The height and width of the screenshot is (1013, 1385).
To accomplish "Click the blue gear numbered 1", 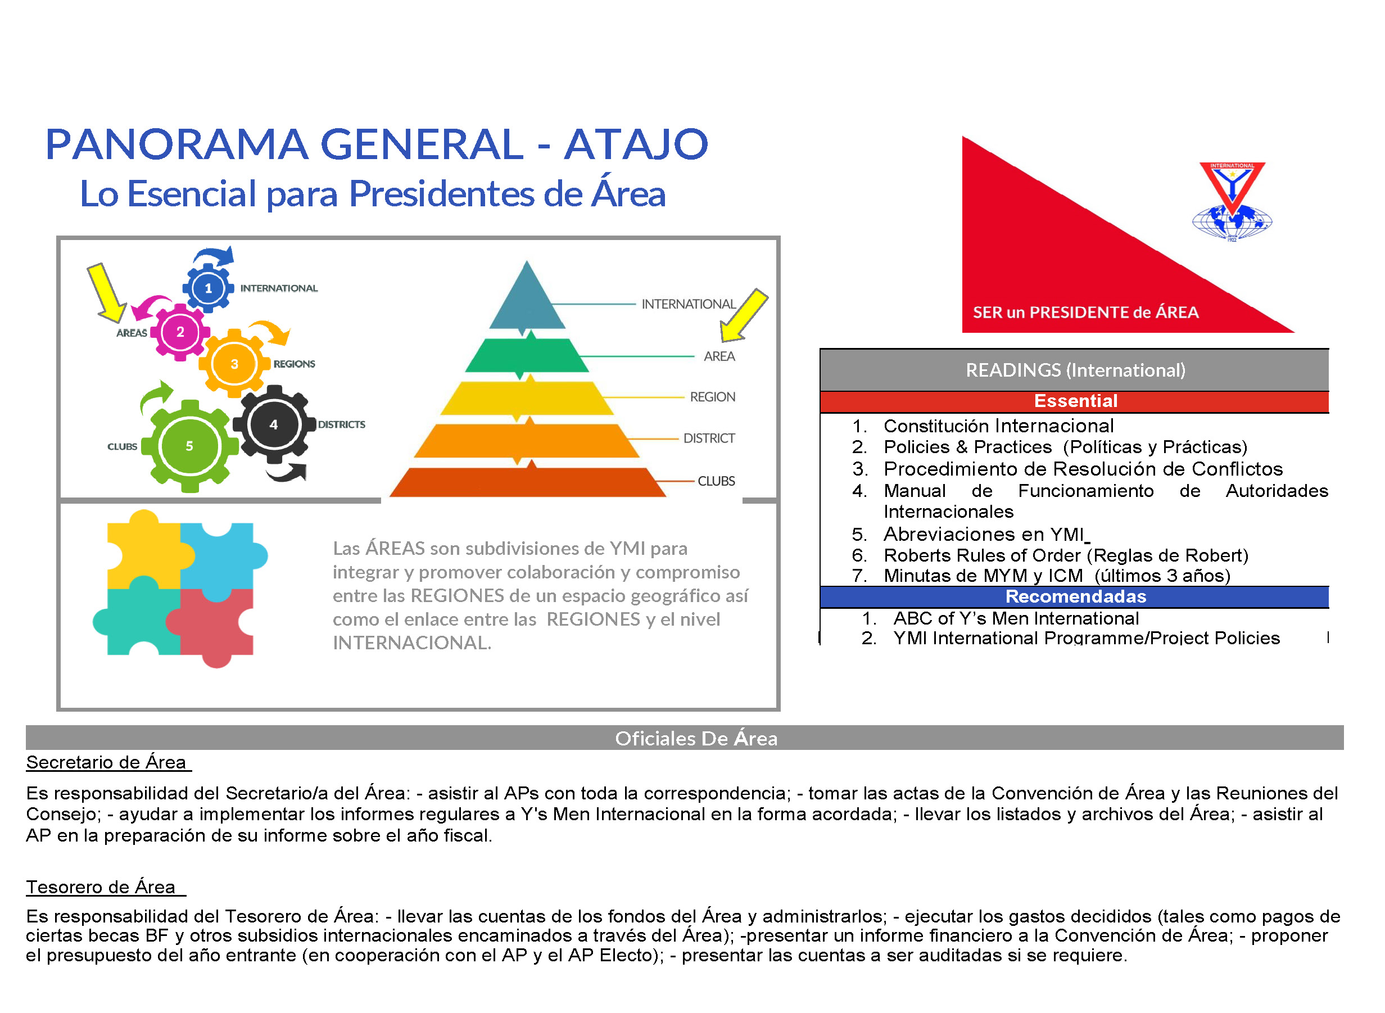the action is pos(209,288).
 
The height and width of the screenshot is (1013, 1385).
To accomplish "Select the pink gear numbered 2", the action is pos(180,332).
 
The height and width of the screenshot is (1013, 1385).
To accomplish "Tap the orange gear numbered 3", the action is pos(234,364).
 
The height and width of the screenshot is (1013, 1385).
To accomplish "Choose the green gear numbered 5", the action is pos(189,446).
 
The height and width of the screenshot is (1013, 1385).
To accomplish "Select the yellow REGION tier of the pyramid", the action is pos(527,397).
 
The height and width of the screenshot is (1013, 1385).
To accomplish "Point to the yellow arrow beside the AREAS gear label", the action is pos(107,293).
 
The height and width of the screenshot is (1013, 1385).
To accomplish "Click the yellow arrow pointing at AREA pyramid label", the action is pos(743,315).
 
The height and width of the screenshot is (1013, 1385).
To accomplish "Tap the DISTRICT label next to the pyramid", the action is pos(709,438).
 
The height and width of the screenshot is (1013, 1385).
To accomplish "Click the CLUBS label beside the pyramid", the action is pos(716,481).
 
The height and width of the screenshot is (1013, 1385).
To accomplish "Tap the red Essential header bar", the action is pos(1074,401).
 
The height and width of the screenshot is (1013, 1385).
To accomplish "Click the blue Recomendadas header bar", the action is pos(1074,596).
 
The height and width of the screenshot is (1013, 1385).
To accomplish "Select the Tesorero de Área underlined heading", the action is pos(106,887).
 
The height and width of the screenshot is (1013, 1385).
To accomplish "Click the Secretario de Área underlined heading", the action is pos(108,762).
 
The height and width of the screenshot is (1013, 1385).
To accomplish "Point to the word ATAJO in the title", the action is pos(636,144).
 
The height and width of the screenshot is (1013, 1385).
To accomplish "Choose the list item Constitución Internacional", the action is pos(998,426).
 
